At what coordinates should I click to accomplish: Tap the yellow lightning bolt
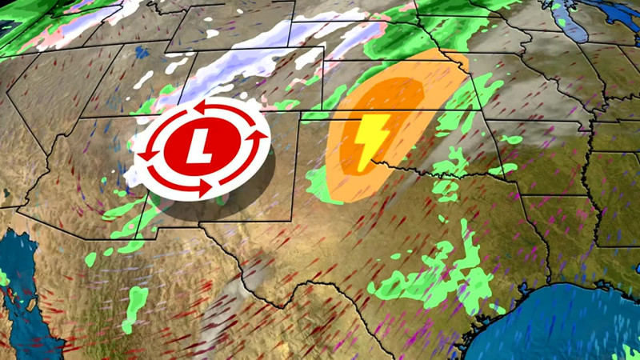click(x=372, y=141)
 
